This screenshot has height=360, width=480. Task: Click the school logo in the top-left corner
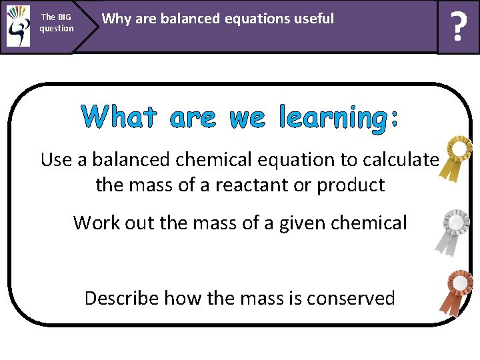click(x=18, y=26)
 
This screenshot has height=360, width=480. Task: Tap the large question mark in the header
click(x=458, y=28)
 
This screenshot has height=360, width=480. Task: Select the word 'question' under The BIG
click(x=57, y=29)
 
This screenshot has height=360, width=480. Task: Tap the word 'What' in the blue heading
click(x=119, y=118)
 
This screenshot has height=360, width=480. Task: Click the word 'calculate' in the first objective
click(x=405, y=160)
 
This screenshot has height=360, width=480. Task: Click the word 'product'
click(x=351, y=185)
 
